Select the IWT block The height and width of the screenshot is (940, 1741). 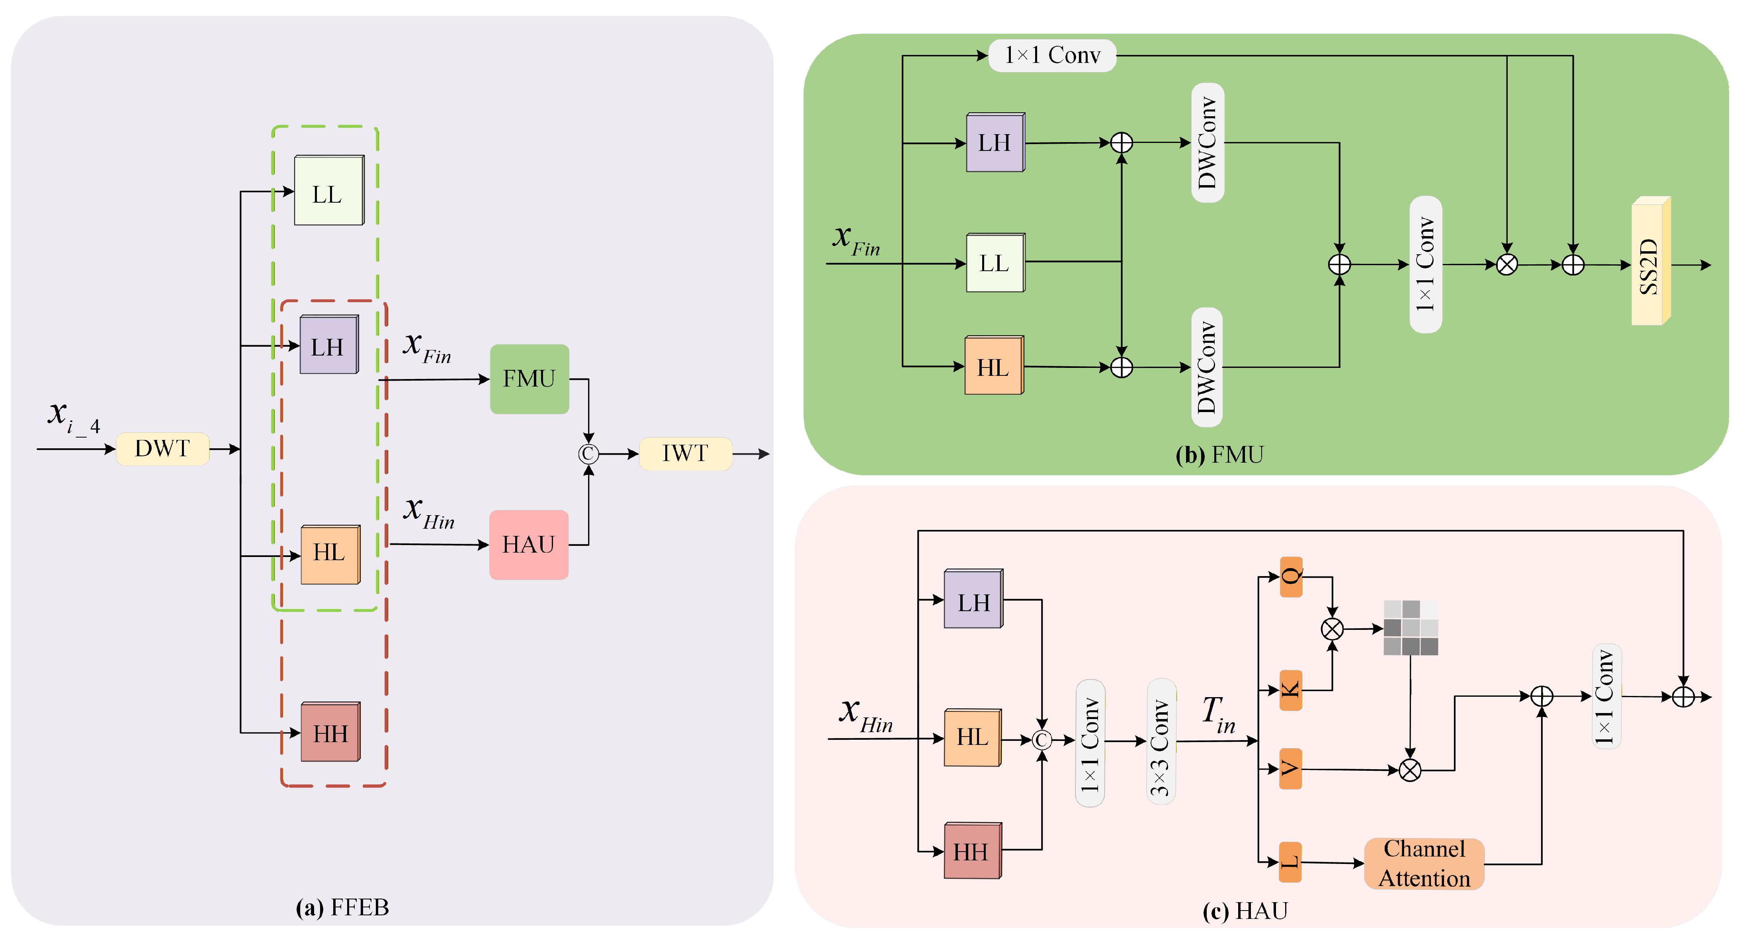coord(685,453)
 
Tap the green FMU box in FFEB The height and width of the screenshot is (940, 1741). coord(529,379)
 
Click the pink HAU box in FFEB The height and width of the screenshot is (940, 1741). coord(529,545)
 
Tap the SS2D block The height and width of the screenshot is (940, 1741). coord(1651,261)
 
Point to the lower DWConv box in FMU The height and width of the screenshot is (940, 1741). coord(1207,367)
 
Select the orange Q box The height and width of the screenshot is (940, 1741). coord(1291,577)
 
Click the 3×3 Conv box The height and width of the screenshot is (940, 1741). coord(1161,741)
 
